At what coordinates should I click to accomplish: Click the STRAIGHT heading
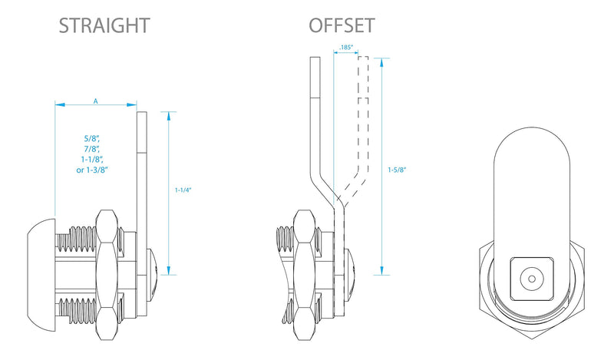click(104, 26)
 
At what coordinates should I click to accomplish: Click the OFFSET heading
click(342, 26)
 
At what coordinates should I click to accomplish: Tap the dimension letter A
click(95, 101)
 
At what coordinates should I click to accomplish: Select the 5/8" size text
click(92, 138)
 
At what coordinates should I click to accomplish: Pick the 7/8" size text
click(92, 149)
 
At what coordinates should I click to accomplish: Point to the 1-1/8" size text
click(92, 160)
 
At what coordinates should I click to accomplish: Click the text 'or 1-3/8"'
click(92, 170)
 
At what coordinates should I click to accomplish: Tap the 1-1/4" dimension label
click(183, 190)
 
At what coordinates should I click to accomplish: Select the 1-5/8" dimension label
click(397, 170)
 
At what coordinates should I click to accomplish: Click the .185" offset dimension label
click(346, 48)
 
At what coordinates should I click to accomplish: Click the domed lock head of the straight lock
click(41, 280)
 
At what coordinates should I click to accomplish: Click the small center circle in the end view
click(531, 279)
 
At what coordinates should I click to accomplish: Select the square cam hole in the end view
click(532, 279)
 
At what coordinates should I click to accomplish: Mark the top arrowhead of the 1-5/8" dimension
click(381, 62)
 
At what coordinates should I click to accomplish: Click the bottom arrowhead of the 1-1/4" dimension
click(168, 271)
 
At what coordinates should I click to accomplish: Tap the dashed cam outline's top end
click(363, 57)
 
